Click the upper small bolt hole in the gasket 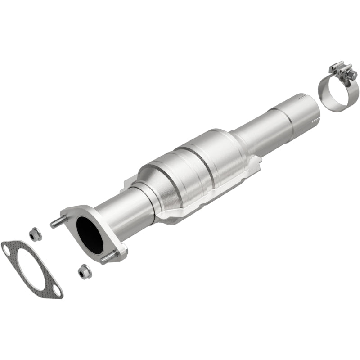click(8, 246)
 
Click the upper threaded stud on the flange click(57, 222)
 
